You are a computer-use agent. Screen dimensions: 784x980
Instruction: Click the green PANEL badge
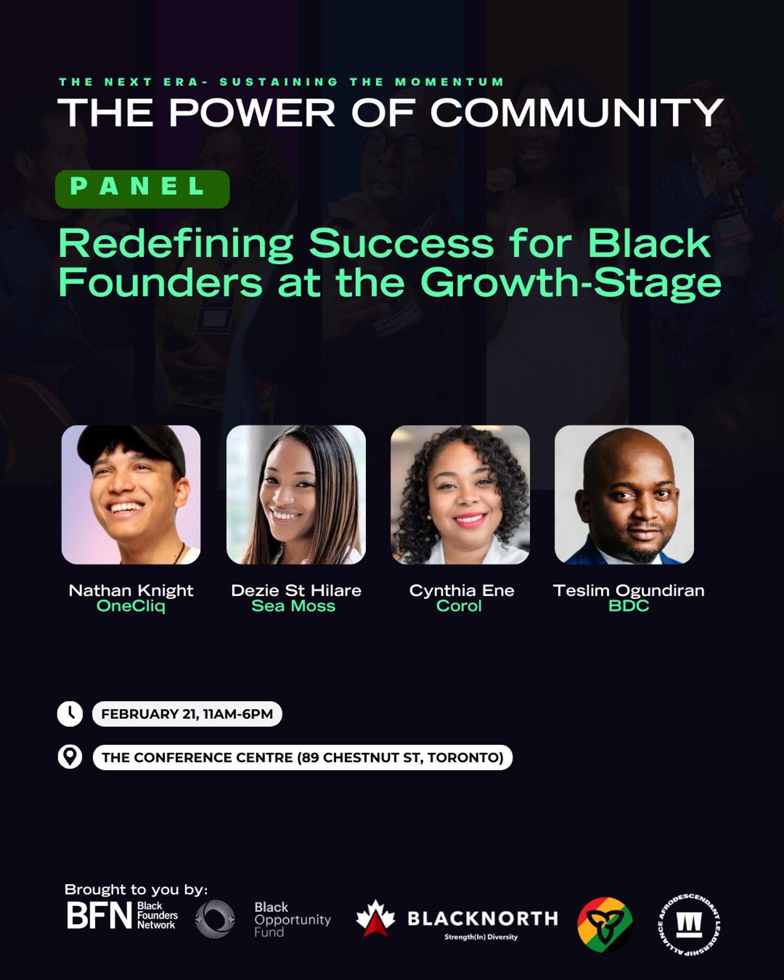[x=143, y=189]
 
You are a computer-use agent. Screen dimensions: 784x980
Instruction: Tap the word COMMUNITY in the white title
[x=577, y=112]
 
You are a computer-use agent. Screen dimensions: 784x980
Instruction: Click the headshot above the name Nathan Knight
[x=131, y=495]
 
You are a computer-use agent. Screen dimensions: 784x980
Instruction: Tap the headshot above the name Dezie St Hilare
[x=296, y=495]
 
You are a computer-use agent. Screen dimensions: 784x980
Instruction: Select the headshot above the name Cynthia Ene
[x=460, y=495]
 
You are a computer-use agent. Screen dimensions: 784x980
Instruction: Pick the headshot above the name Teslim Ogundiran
[x=624, y=495]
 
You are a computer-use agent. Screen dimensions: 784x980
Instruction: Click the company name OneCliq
[x=131, y=606]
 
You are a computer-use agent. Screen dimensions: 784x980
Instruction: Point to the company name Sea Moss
[x=294, y=606]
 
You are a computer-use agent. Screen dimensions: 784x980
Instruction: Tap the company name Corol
[x=459, y=606]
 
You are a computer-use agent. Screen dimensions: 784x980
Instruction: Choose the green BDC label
[x=629, y=606]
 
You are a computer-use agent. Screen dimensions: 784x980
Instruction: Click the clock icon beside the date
[x=70, y=714]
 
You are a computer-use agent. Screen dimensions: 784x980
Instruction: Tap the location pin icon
[x=70, y=757]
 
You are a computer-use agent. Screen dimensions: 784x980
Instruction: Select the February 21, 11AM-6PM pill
[x=187, y=714]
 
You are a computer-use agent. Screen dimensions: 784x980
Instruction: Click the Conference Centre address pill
[x=303, y=758]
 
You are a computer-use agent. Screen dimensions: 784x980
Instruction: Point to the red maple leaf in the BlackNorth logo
[x=375, y=918]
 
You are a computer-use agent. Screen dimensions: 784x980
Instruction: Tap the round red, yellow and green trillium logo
[x=605, y=924]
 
